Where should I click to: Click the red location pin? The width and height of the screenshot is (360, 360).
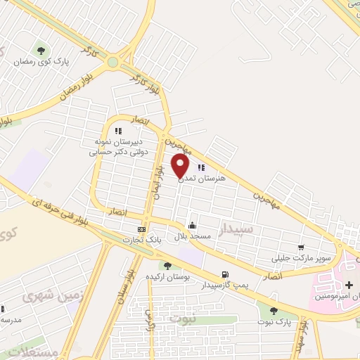pyautogui.click(x=181, y=166)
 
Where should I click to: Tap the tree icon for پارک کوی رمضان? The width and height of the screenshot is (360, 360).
pyautogui.click(x=41, y=50)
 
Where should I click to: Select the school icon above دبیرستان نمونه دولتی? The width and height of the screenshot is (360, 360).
pyautogui.click(x=117, y=130)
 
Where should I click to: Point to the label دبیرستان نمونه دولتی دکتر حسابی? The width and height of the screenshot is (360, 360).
pyautogui.click(x=117, y=145)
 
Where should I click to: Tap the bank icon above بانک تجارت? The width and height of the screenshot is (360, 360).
pyautogui.click(x=142, y=229)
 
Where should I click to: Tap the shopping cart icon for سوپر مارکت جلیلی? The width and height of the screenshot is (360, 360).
pyautogui.click(x=301, y=247)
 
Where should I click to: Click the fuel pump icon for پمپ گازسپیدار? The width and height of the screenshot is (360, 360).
pyautogui.click(x=224, y=274)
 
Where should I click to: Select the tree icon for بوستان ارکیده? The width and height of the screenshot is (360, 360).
pyautogui.click(x=167, y=265)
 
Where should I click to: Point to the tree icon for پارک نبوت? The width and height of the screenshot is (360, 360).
pyautogui.click(x=274, y=310)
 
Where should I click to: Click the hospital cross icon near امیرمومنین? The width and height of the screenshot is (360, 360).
pyautogui.click(x=349, y=285)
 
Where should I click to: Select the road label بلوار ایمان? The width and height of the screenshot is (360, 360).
pyautogui.click(x=160, y=179)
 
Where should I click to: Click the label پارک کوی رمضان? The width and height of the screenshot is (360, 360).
pyautogui.click(x=41, y=62)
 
